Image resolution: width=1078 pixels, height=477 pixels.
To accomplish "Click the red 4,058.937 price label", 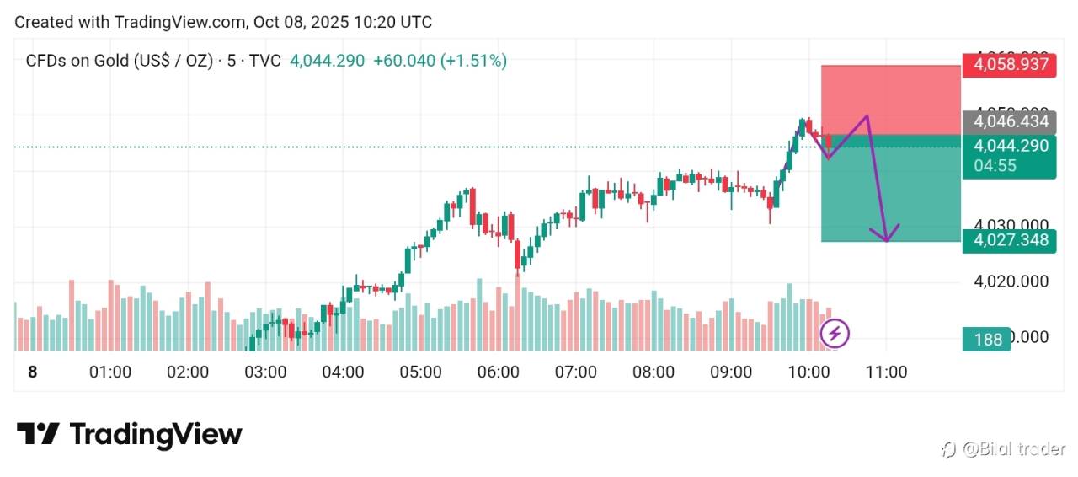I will (1010, 65).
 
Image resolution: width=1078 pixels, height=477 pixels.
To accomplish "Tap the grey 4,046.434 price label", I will (1010, 122).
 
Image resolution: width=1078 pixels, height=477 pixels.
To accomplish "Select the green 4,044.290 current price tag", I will (1010, 146).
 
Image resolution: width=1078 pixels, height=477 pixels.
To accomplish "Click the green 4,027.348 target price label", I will (1010, 241).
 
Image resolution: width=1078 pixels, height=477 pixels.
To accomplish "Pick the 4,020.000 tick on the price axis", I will (1011, 281).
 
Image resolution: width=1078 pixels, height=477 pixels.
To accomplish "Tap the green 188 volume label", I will (987, 340).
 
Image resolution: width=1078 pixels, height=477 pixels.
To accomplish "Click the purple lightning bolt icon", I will (835, 334).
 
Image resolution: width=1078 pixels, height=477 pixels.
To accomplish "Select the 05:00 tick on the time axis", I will (420, 372).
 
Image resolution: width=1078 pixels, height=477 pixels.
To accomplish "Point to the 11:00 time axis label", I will (886, 372).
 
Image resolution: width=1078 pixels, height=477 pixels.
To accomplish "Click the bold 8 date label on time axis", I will (33, 372).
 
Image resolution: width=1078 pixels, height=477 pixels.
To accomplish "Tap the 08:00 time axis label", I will (653, 372).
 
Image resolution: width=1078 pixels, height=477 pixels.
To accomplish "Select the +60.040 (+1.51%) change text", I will (440, 61).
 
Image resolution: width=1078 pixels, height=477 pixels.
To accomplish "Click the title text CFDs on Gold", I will (78, 61).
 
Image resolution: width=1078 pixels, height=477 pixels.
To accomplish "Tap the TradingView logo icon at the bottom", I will (39, 434).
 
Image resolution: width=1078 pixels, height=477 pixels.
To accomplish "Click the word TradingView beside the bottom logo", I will (156, 434).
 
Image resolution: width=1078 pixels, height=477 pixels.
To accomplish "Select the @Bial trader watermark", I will (1004, 449).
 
